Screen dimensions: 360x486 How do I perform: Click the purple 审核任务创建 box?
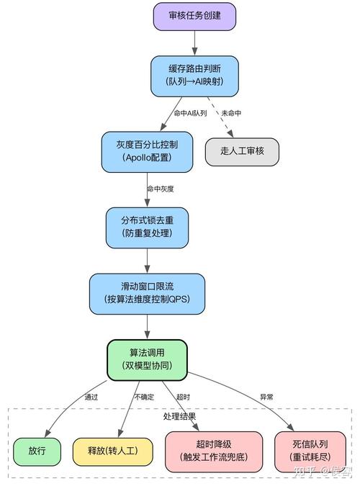tap(194, 17)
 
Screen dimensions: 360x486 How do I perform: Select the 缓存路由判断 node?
tap(194, 76)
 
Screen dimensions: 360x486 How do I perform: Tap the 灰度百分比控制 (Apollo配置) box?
tap(148, 152)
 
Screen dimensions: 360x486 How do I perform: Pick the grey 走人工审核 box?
tap(242, 152)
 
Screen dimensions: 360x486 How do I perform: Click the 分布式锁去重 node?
tap(148, 228)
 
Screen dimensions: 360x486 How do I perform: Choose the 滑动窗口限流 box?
tap(148, 294)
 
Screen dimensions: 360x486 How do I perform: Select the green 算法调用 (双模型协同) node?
tap(148, 360)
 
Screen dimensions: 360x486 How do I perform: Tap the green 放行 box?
tap(37, 451)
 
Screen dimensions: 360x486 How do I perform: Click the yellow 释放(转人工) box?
tap(112, 451)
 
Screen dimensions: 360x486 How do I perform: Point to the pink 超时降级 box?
tap(214, 451)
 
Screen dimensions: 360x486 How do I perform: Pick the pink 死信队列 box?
tap(310, 451)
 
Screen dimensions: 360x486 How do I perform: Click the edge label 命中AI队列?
tap(190, 113)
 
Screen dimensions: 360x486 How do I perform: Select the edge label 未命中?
tap(231, 113)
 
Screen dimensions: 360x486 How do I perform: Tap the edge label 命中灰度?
tap(161, 189)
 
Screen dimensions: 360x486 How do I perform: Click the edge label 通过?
tap(91, 397)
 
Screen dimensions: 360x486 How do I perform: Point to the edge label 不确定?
tap(144, 397)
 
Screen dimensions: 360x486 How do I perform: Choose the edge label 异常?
tap(266, 397)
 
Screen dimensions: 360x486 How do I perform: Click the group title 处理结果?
tap(179, 416)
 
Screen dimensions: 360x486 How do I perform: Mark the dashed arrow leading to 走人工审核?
tap(220, 117)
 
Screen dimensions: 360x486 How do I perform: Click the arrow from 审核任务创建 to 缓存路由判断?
tap(194, 43)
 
